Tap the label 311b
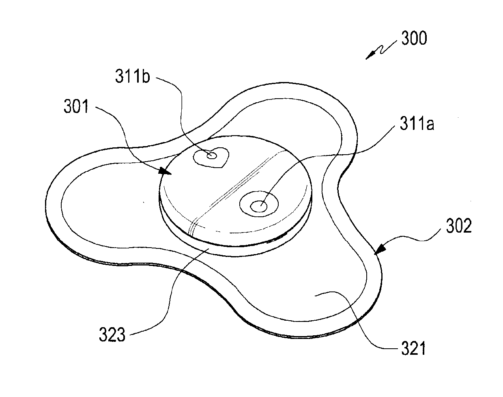[133, 77]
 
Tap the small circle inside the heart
[211, 155]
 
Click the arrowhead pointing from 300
[369, 57]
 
